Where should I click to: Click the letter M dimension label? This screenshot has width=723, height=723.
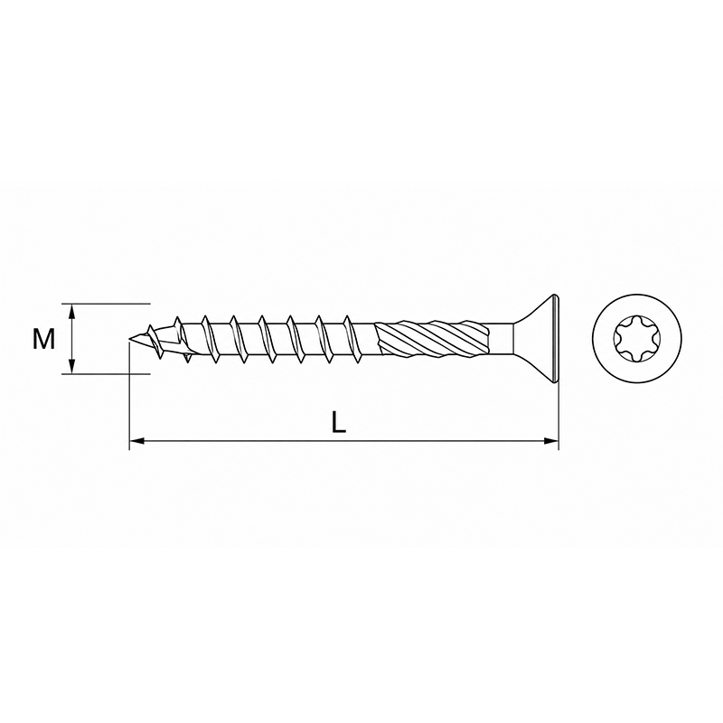pos(43,339)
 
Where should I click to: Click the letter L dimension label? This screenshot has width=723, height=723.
pos(339,422)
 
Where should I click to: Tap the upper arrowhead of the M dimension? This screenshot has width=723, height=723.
pos(71,311)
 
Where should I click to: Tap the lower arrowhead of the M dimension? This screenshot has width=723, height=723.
pos(71,367)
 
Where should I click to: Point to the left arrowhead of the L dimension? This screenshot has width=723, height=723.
pos(137,441)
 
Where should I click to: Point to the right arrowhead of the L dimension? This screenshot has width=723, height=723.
pos(551,441)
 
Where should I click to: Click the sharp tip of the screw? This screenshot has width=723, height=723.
pos(129,341)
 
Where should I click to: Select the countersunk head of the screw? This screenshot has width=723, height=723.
pos(536,339)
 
